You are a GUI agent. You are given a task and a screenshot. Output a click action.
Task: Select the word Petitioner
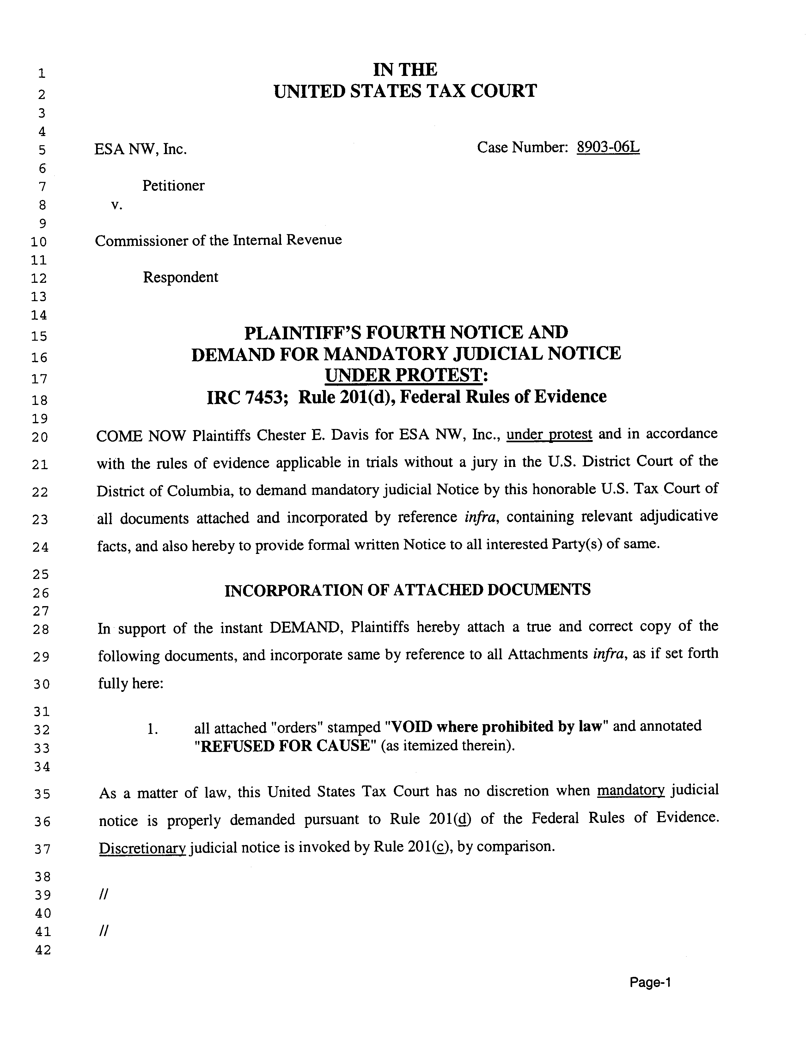point(173,185)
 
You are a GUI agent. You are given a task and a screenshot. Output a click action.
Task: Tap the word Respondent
point(180,277)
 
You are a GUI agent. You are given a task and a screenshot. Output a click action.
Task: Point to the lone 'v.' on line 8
point(116,205)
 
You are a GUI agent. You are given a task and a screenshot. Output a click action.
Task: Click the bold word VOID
point(411,726)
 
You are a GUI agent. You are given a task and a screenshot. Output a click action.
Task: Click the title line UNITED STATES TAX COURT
point(405,91)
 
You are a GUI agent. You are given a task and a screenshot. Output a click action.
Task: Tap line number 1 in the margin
point(42,73)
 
